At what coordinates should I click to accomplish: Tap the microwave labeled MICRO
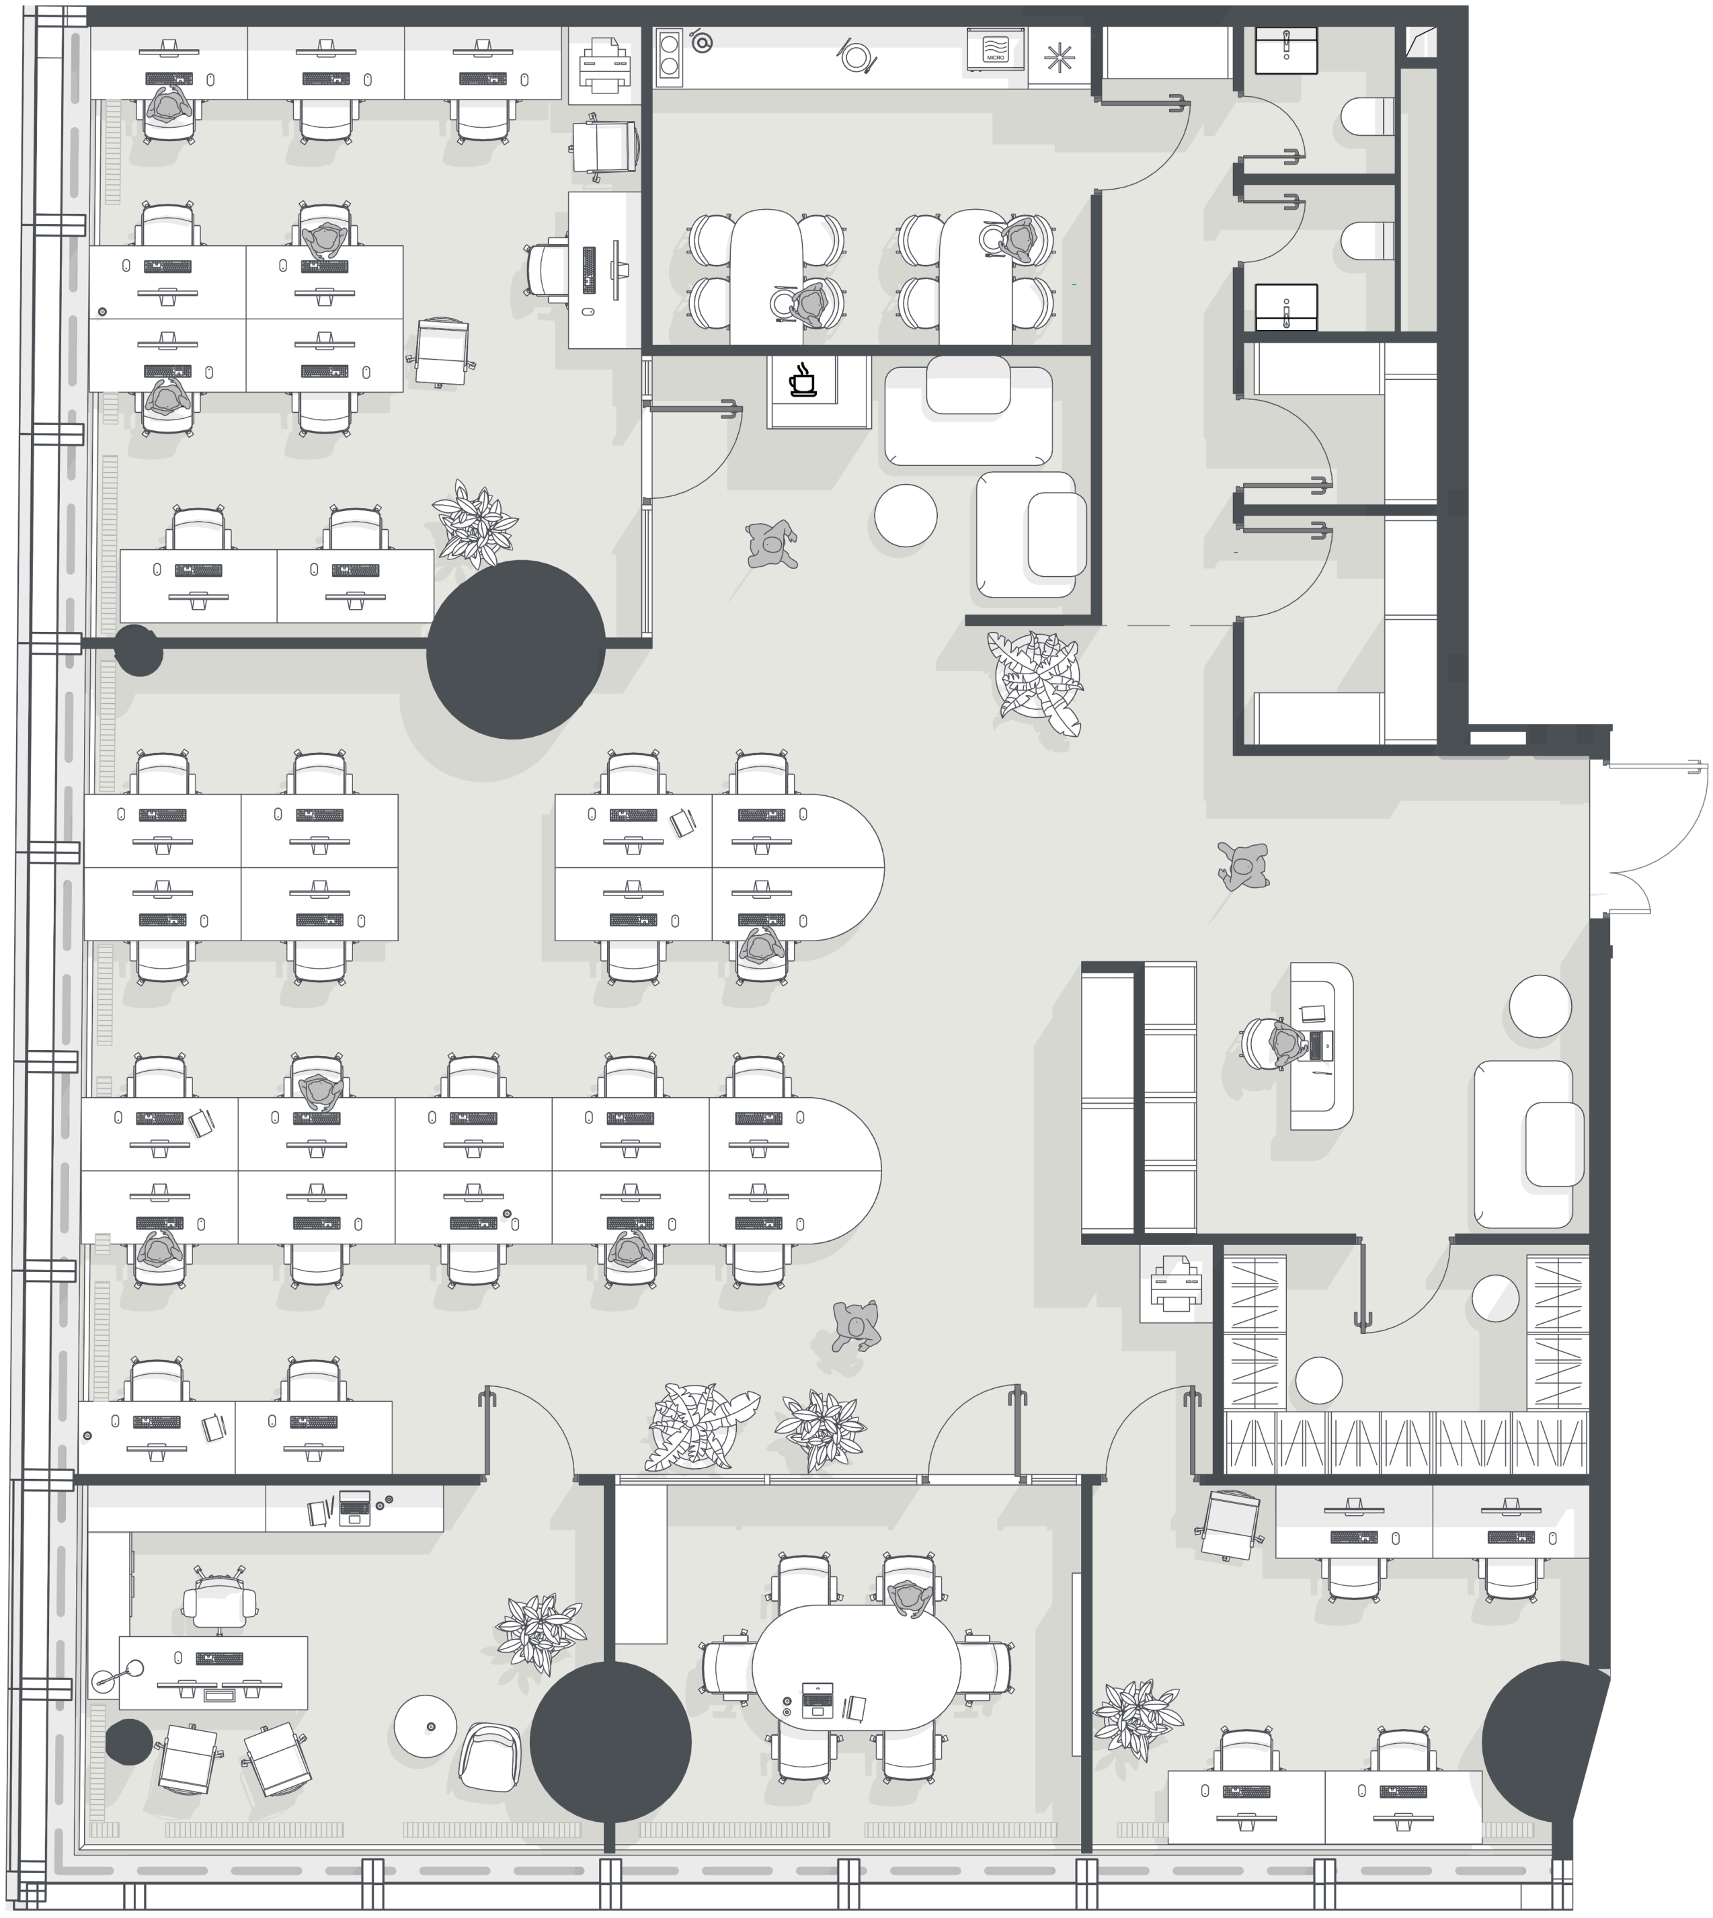point(996,49)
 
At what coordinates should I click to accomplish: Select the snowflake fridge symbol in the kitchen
point(1059,57)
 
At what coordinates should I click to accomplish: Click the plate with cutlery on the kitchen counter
point(854,57)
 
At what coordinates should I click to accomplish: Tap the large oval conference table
point(856,1669)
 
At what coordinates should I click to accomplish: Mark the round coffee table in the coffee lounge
point(906,515)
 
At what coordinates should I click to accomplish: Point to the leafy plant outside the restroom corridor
point(1036,680)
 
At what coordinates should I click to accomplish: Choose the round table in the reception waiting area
point(1540,1006)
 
